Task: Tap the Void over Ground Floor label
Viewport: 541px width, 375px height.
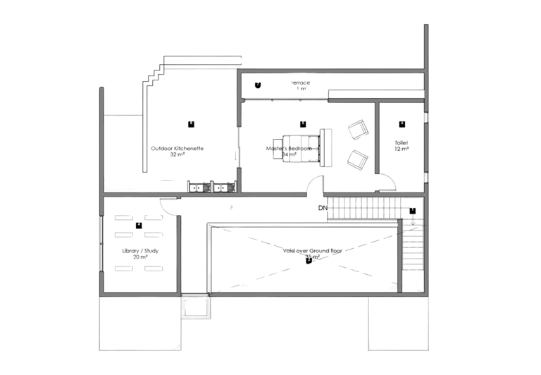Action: (310, 252)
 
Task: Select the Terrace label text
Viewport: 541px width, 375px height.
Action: (301, 86)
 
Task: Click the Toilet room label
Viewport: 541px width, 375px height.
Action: (401, 146)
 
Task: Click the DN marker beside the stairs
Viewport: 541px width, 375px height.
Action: (321, 208)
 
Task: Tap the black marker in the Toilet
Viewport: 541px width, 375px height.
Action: (402, 125)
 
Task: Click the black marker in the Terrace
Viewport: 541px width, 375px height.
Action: (258, 85)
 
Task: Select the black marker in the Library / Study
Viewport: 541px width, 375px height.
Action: (139, 226)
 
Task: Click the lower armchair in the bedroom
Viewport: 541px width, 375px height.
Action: (358, 159)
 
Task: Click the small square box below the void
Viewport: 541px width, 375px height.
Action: (196, 308)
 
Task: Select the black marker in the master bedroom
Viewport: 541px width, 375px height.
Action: (304, 123)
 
